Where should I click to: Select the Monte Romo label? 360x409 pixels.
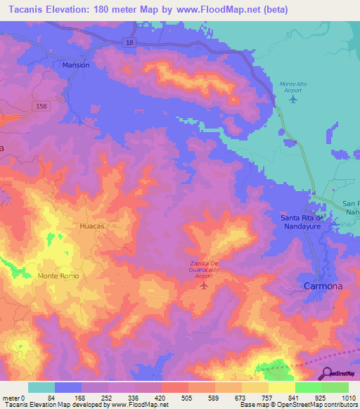point(59,276)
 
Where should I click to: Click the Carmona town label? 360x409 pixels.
point(322,287)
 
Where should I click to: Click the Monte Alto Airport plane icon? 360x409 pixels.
point(293,99)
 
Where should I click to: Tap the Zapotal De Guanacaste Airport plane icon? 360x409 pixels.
point(205,285)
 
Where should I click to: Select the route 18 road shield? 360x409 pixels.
point(130,43)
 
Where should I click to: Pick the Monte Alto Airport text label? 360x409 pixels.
point(290,86)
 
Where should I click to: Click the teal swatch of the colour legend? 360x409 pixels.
point(41,387)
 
